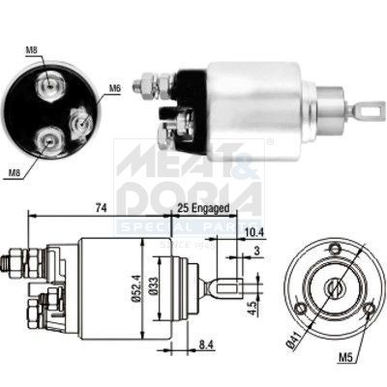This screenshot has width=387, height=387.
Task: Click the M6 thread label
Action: click(114, 89)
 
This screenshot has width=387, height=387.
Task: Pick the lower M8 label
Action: click(13, 174)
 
